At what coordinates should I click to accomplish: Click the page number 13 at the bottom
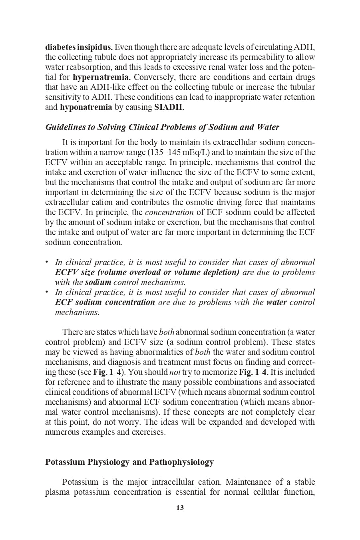pos(180,508)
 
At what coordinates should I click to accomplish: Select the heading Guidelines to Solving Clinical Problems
pos(162,127)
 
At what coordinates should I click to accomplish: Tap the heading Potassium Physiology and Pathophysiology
pos(129,462)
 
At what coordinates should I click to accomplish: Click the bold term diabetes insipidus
pos(79,47)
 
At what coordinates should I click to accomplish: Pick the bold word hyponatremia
pos(86,107)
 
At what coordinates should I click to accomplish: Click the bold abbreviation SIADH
pos(169,107)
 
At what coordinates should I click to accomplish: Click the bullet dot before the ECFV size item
pos(47,262)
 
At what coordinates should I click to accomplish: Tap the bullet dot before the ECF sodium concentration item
pos(47,292)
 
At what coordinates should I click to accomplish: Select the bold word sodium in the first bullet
pos(98,282)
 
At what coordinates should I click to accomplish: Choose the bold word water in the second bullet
pos(276,302)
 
